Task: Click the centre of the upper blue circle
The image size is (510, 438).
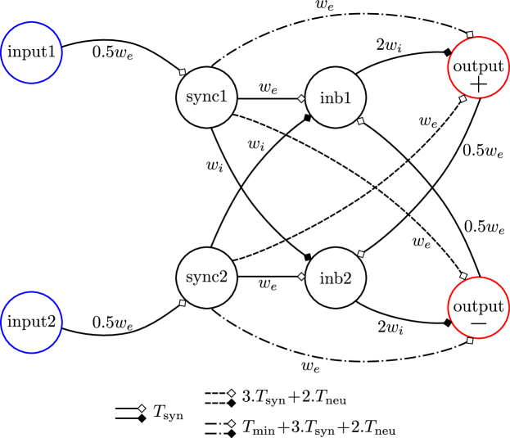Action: point(32,53)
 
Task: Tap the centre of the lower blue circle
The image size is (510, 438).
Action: point(32,323)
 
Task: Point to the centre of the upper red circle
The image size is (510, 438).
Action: point(478,68)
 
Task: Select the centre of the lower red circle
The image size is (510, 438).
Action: point(478,308)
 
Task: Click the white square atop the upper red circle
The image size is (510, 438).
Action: point(470,34)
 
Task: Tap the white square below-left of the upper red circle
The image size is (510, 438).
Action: point(463,99)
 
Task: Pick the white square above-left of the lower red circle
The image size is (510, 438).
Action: point(463,276)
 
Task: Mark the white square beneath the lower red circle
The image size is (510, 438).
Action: point(470,341)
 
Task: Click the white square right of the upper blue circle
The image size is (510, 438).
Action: point(183,72)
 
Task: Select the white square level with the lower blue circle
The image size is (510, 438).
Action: point(183,303)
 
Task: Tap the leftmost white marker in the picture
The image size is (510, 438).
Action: point(142,409)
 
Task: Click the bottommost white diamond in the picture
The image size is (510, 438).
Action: point(232,424)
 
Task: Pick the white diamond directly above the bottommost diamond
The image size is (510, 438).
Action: point(232,393)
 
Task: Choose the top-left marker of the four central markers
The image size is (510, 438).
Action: point(301,99)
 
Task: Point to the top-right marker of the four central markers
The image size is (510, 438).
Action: point(360,121)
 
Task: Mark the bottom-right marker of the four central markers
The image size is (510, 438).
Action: point(360,254)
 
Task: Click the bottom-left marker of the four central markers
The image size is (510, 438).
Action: point(301,277)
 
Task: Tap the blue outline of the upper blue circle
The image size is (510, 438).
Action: point(62,53)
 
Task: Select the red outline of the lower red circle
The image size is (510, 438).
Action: point(508,308)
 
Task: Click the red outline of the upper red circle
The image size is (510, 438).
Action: point(508,68)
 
